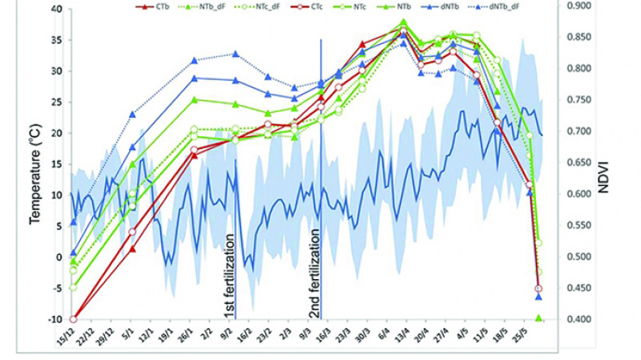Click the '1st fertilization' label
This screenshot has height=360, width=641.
[x=228, y=271]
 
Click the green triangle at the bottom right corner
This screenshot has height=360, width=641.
[x=539, y=318]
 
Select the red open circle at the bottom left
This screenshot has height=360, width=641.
[x=74, y=319]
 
